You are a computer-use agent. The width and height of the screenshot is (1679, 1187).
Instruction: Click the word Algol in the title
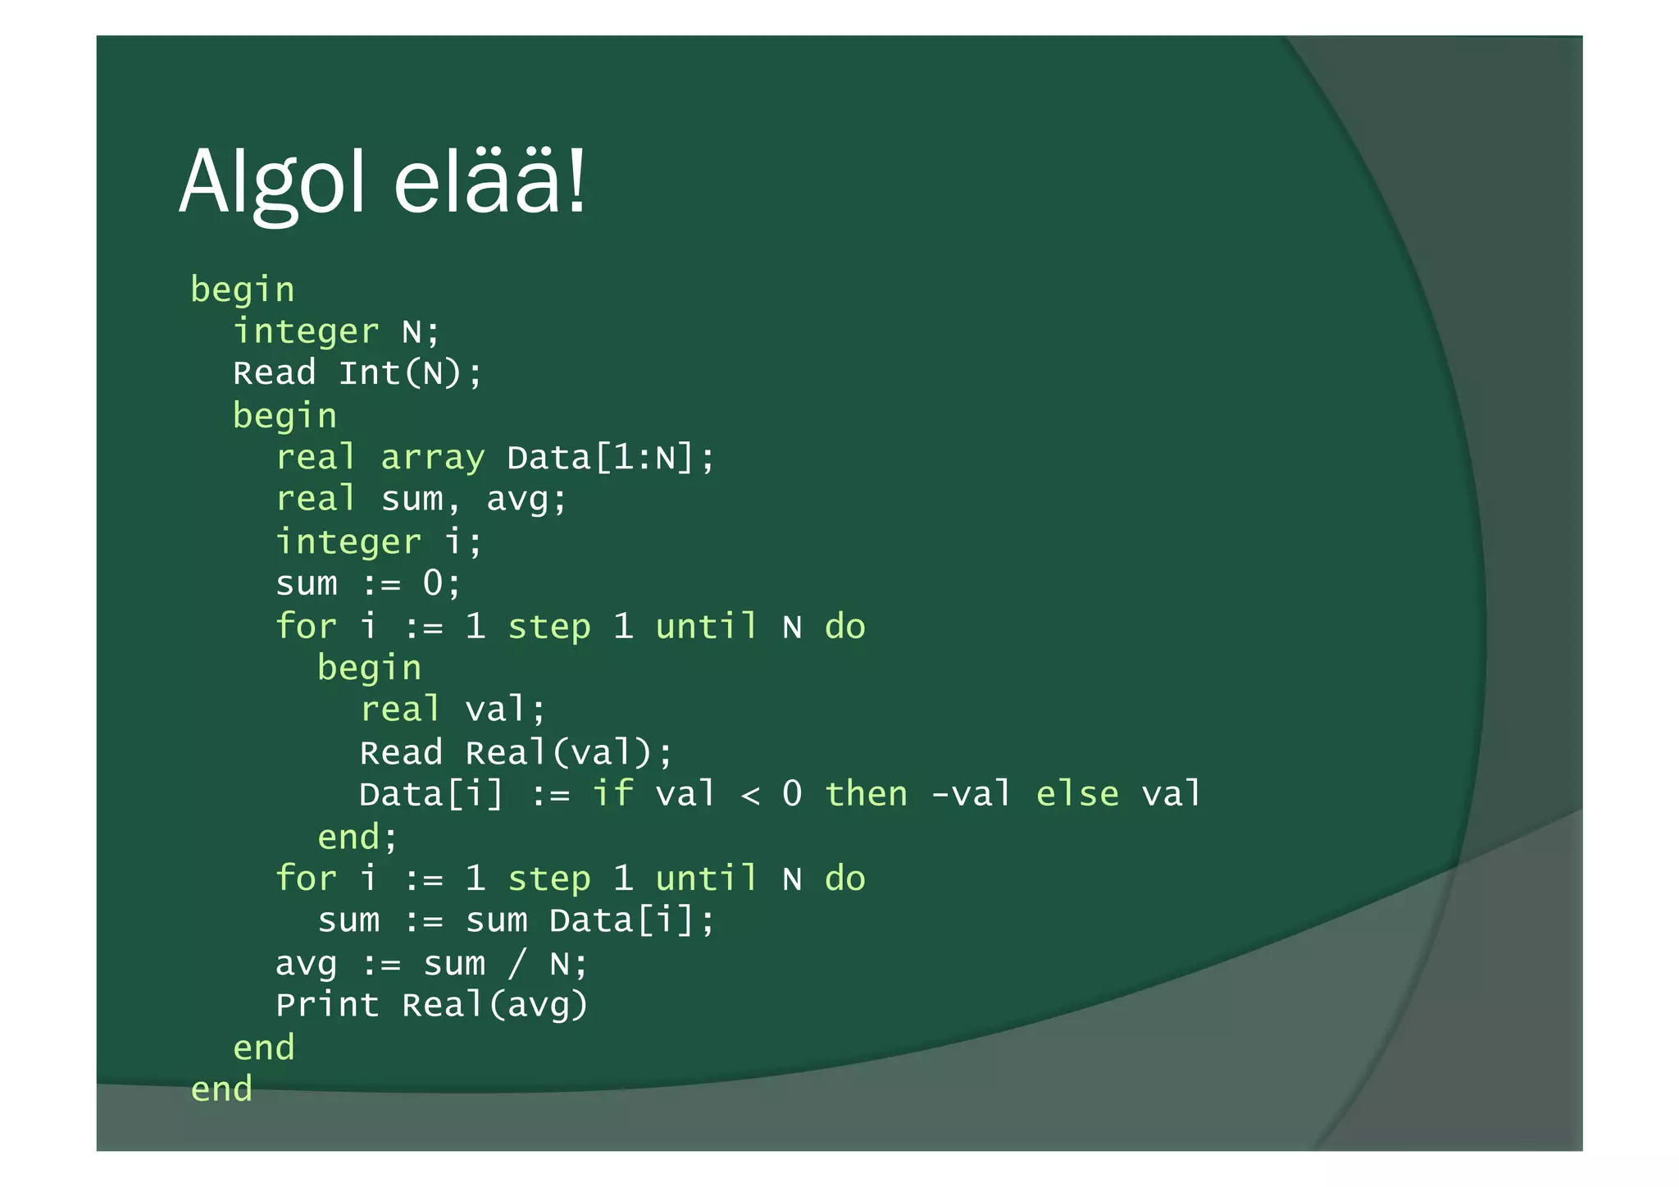click(271, 182)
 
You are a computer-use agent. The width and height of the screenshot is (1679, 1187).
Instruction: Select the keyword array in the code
click(433, 458)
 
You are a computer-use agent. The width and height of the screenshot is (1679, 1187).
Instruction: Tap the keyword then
click(867, 794)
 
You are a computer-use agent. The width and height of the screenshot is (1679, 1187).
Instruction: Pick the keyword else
click(1077, 794)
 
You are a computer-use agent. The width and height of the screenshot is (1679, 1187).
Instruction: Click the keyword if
click(612, 794)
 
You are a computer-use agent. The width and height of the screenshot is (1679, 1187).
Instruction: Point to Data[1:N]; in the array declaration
click(611, 458)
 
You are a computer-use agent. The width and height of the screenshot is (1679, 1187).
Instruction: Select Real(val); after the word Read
click(569, 752)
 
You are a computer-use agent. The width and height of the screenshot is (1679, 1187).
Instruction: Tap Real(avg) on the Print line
click(495, 1005)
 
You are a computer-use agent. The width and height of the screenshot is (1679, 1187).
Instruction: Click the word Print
click(327, 1005)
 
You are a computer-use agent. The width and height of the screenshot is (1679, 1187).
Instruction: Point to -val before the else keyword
click(971, 794)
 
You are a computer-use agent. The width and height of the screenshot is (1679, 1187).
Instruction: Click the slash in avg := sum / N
click(516, 963)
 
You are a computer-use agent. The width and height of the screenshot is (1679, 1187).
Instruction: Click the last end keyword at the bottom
click(221, 1089)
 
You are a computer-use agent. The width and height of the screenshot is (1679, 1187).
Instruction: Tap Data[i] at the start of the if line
click(431, 794)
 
